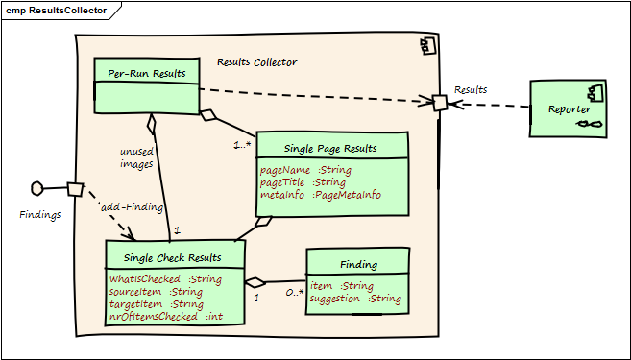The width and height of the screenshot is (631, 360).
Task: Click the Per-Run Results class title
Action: pyautogui.click(x=147, y=73)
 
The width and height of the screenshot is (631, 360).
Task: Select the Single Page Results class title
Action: pyautogui.click(x=330, y=148)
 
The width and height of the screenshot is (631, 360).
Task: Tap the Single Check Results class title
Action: pyautogui.click(x=172, y=257)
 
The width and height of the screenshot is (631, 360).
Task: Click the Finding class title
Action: pyautogui.click(x=358, y=264)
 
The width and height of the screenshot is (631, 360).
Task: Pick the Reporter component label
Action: pyautogui.click(x=569, y=109)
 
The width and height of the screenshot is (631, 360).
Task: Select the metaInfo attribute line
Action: pyautogui.click(x=320, y=195)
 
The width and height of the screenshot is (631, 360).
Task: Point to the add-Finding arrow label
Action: pyautogui.click(x=132, y=206)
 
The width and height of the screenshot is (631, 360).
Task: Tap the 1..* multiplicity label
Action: pyautogui.click(x=243, y=145)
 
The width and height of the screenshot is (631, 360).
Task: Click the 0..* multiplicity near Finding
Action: pyautogui.click(x=293, y=292)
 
